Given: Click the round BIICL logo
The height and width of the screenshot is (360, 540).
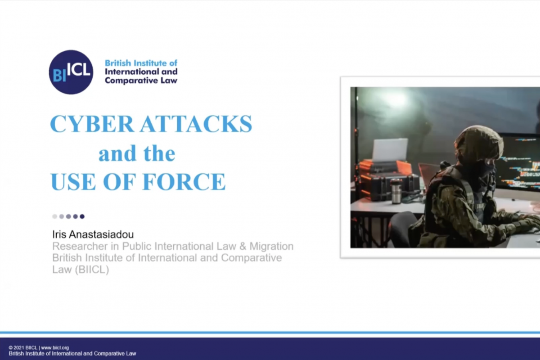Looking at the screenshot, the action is pos(71,72).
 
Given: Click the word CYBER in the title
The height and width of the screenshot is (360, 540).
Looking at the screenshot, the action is pos(92,124).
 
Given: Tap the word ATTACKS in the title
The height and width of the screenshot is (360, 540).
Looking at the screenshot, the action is pos(196,124).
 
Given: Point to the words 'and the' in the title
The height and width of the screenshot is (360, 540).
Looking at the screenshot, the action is pos(137,153).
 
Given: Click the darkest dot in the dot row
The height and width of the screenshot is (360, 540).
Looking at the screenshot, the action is pos(82,216).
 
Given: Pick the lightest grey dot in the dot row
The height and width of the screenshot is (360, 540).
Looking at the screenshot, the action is pos(55,216).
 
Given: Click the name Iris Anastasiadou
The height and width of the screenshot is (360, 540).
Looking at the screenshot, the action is pos(93,234).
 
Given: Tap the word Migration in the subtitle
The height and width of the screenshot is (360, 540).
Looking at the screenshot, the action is pos(271,247).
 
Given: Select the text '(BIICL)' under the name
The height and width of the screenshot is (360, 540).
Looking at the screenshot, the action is pos(92,270).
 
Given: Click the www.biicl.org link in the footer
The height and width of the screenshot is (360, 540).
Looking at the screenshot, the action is pos(55,348).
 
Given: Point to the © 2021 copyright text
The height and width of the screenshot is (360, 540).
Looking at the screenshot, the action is pos(23,348).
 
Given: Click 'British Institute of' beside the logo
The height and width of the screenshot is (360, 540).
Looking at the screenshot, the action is pos(141,63).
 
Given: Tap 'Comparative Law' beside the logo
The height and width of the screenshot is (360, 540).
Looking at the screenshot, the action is pos(141,81).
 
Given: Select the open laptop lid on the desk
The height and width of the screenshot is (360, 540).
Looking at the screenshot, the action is pos(390,149).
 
